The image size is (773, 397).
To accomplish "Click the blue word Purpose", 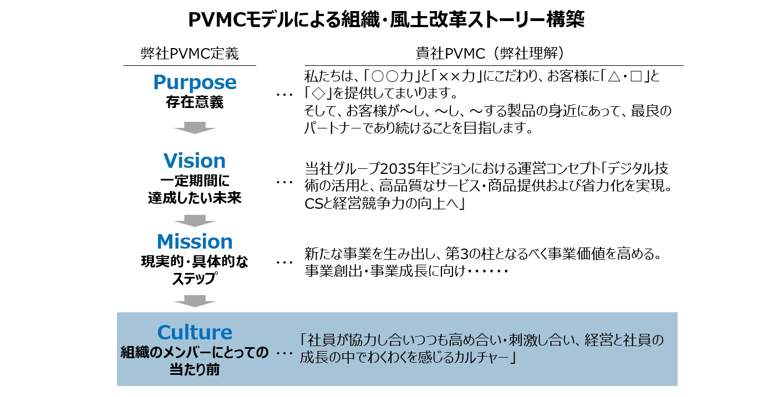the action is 195,83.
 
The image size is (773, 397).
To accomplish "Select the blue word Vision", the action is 195,161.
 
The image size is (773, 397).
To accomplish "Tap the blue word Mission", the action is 195,241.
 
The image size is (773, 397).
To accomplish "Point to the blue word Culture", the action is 195,332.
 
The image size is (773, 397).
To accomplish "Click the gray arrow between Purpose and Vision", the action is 195,127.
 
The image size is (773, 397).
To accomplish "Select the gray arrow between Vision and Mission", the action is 195,221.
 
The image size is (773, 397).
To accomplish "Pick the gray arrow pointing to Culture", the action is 195,301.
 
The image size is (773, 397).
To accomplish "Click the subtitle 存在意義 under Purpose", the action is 195,102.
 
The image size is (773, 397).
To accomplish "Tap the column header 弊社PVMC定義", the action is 190,54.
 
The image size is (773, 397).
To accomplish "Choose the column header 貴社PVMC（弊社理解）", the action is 490,53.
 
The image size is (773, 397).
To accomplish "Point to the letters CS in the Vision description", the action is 314,204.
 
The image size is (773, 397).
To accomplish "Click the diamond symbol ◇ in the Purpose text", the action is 318,94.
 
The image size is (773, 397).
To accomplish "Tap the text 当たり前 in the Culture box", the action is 195,370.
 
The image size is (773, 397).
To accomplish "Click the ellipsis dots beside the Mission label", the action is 284,263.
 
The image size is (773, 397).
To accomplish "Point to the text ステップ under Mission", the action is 195,279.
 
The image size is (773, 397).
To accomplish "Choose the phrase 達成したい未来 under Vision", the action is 195,198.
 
